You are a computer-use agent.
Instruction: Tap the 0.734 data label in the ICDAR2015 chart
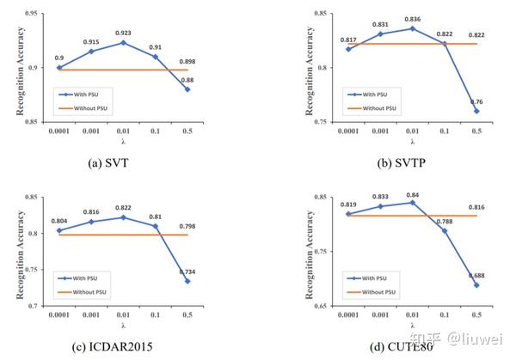(208, 272)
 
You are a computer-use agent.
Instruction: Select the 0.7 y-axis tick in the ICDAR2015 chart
(34, 306)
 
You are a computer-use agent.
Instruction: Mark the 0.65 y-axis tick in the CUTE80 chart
(297, 306)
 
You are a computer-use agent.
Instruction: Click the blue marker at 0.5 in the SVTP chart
(475, 111)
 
